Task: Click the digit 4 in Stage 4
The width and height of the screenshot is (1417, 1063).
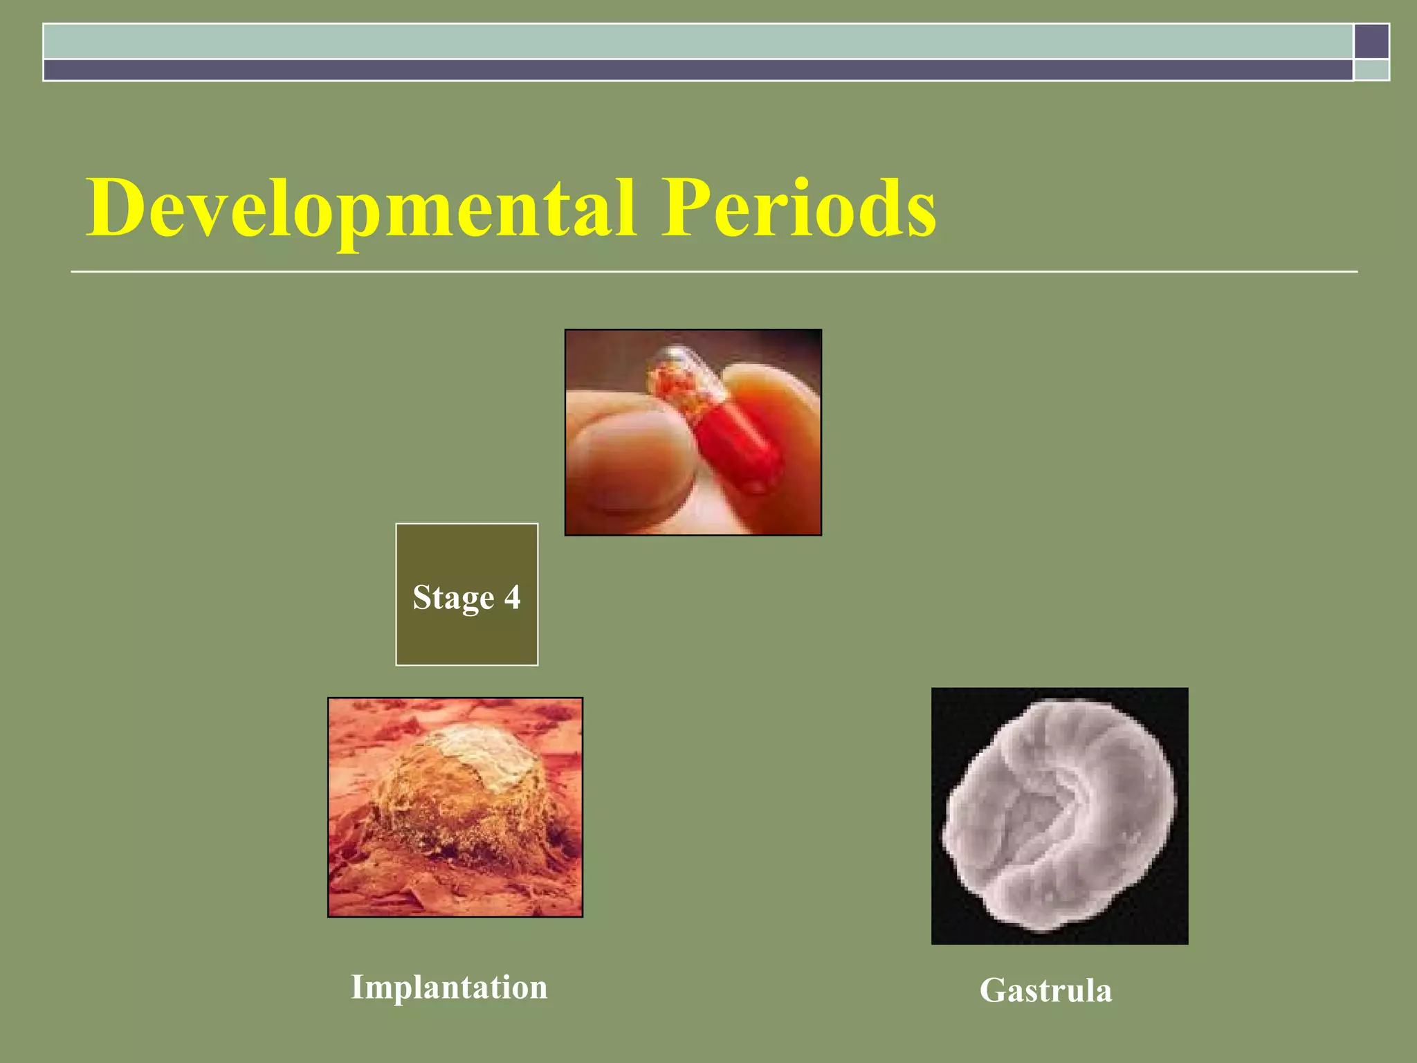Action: (512, 597)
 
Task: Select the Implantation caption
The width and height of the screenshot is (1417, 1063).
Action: (449, 987)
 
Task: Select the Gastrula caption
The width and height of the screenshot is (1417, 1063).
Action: (1045, 990)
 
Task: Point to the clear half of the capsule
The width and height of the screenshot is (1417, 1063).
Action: (682, 377)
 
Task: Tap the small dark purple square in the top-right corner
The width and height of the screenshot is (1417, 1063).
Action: (1371, 41)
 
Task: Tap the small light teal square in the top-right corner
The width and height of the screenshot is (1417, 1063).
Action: (1371, 70)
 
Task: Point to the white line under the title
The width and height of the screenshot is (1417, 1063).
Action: (713, 272)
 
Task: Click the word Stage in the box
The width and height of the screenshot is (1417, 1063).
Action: (453, 598)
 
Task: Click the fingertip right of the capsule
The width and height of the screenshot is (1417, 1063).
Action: (782, 401)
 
